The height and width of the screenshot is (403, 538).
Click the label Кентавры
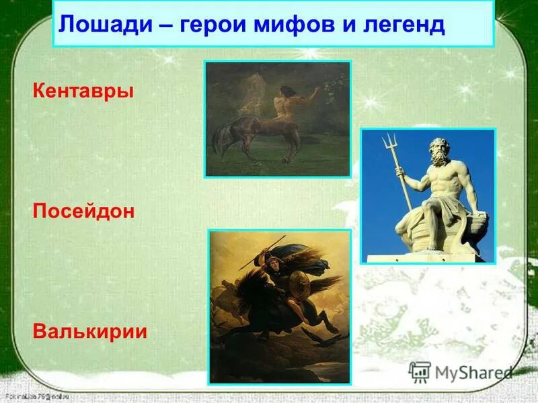pyautogui.click(x=83, y=90)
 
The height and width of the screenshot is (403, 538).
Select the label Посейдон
pyautogui.click(x=83, y=211)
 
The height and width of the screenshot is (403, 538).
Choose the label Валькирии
pyautogui.click(x=89, y=332)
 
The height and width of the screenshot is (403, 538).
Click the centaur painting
pyautogui.click(x=277, y=119)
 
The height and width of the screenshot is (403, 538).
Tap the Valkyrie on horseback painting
pyautogui.click(x=280, y=306)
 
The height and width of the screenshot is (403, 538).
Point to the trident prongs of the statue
pyautogui.click(x=389, y=143)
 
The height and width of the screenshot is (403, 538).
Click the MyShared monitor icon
pyautogui.click(x=420, y=371)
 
